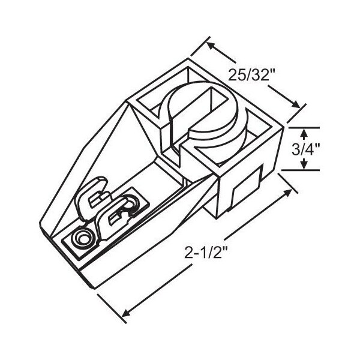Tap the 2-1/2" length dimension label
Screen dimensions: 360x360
[206, 253]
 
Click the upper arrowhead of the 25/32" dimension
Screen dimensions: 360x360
[211, 46]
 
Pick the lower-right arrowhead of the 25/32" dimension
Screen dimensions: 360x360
[295, 104]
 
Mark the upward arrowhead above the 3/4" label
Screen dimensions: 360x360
[304, 133]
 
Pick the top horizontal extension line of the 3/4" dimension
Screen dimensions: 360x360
[304, 127]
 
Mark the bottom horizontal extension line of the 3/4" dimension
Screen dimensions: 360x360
[301, 170]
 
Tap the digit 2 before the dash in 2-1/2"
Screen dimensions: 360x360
[188, 253]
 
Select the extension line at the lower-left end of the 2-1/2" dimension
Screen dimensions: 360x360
[112, 308]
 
